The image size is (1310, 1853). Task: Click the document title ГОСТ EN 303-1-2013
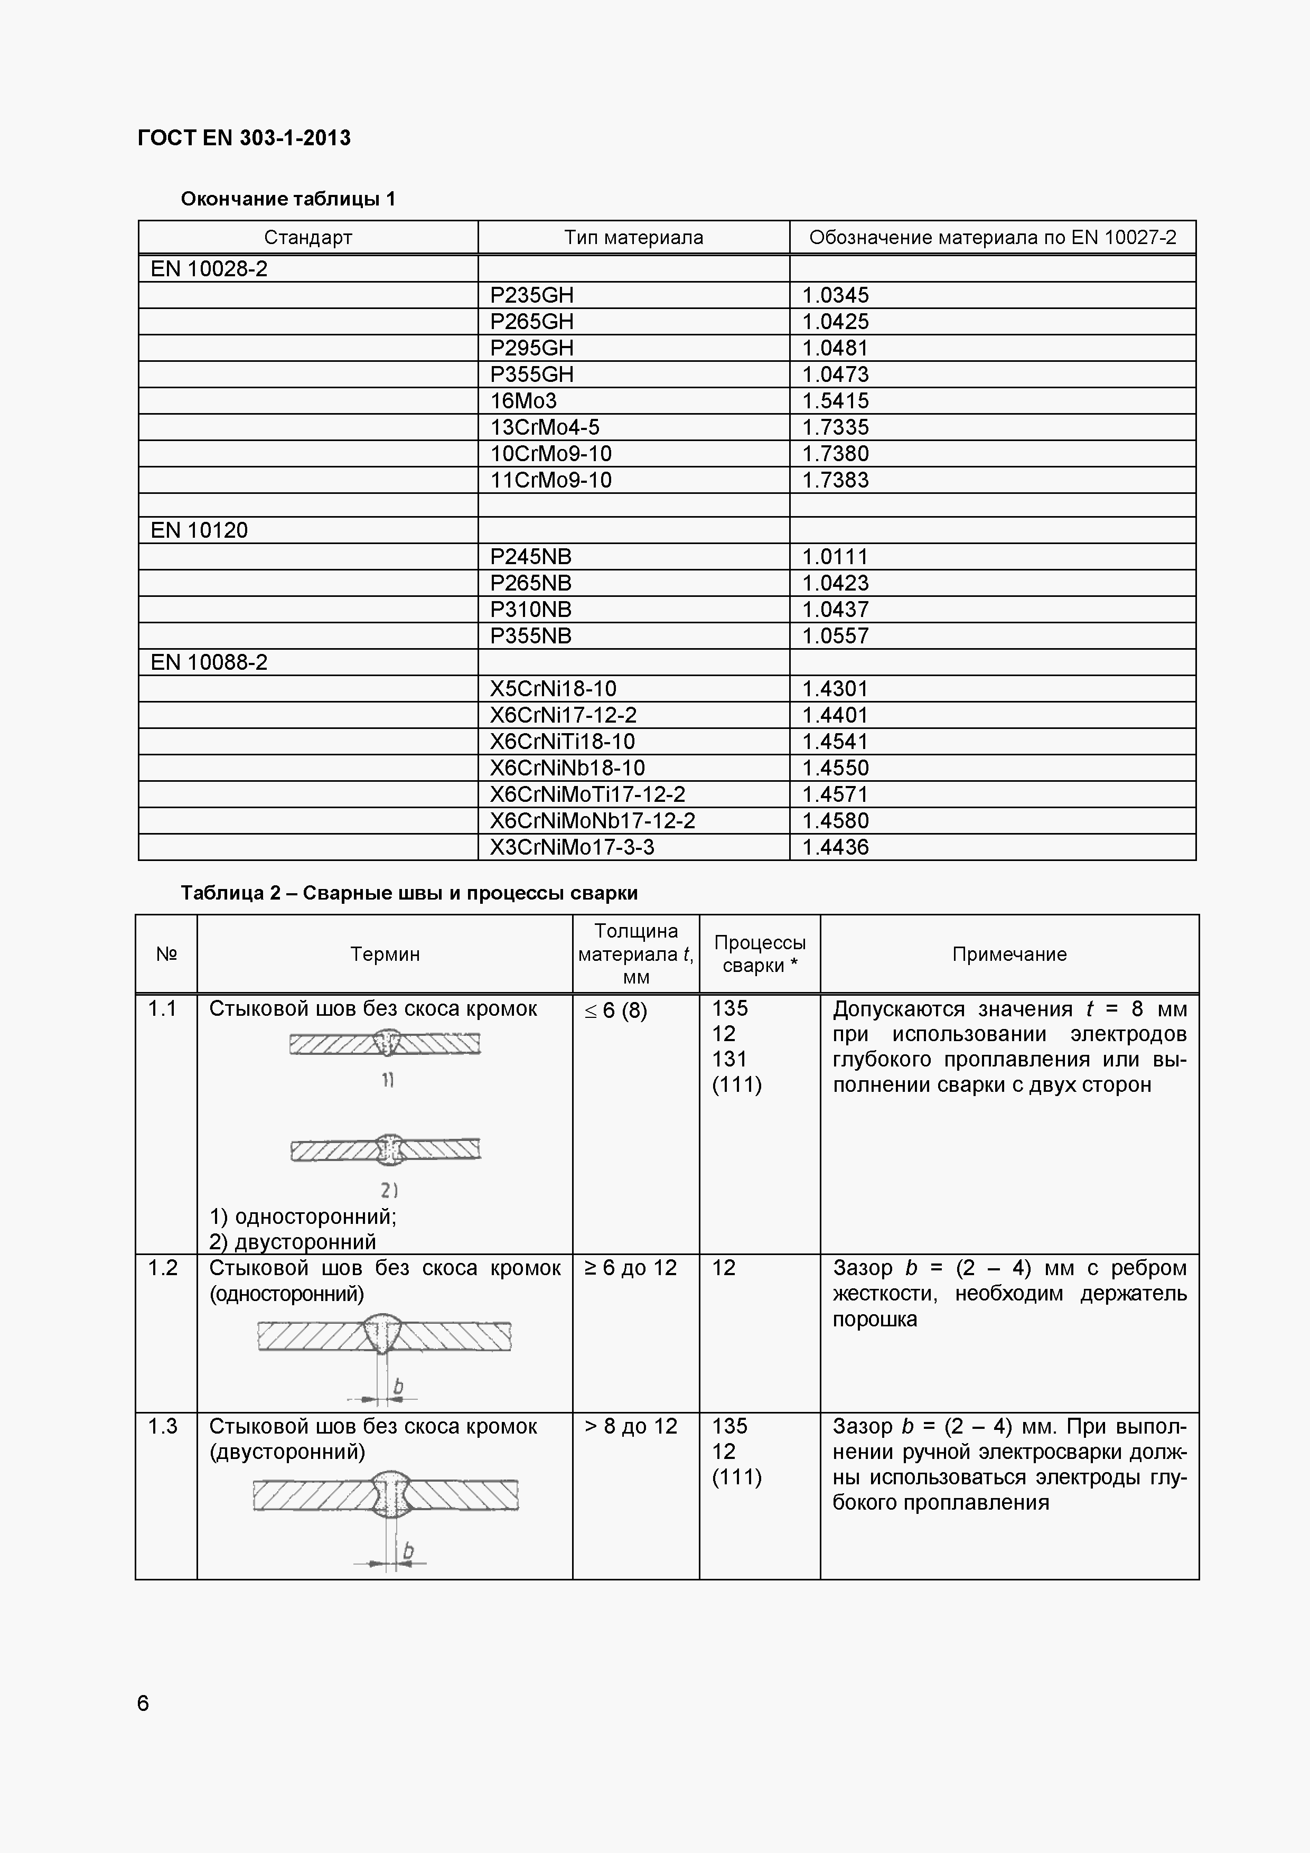click(x=245, y=138)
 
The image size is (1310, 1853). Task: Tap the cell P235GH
click(x=532, y=295)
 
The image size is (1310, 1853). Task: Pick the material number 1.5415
click(x=836, y=400)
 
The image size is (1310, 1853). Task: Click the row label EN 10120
click(x=199, y=530)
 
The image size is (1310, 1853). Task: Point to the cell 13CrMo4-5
click(x=545, y=427)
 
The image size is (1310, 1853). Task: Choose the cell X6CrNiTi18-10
click(x=563, y=741)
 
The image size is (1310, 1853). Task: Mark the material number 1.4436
click(x=836, y=847)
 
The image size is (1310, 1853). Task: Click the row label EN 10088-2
click(x=209, y=662)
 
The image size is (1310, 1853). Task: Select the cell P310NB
click(x=530, y=610)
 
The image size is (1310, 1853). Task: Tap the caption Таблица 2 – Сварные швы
click(x=409, y=893)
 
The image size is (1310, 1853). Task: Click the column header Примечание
click(x=1009, y=954)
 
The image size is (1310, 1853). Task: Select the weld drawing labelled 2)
click(x=385, y=1149)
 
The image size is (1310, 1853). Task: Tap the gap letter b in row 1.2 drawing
click(x=398, y=1387)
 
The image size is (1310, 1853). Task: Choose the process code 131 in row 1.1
click(x=729, y=1059)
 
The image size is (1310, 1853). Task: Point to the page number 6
click(x=143, y=1703)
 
